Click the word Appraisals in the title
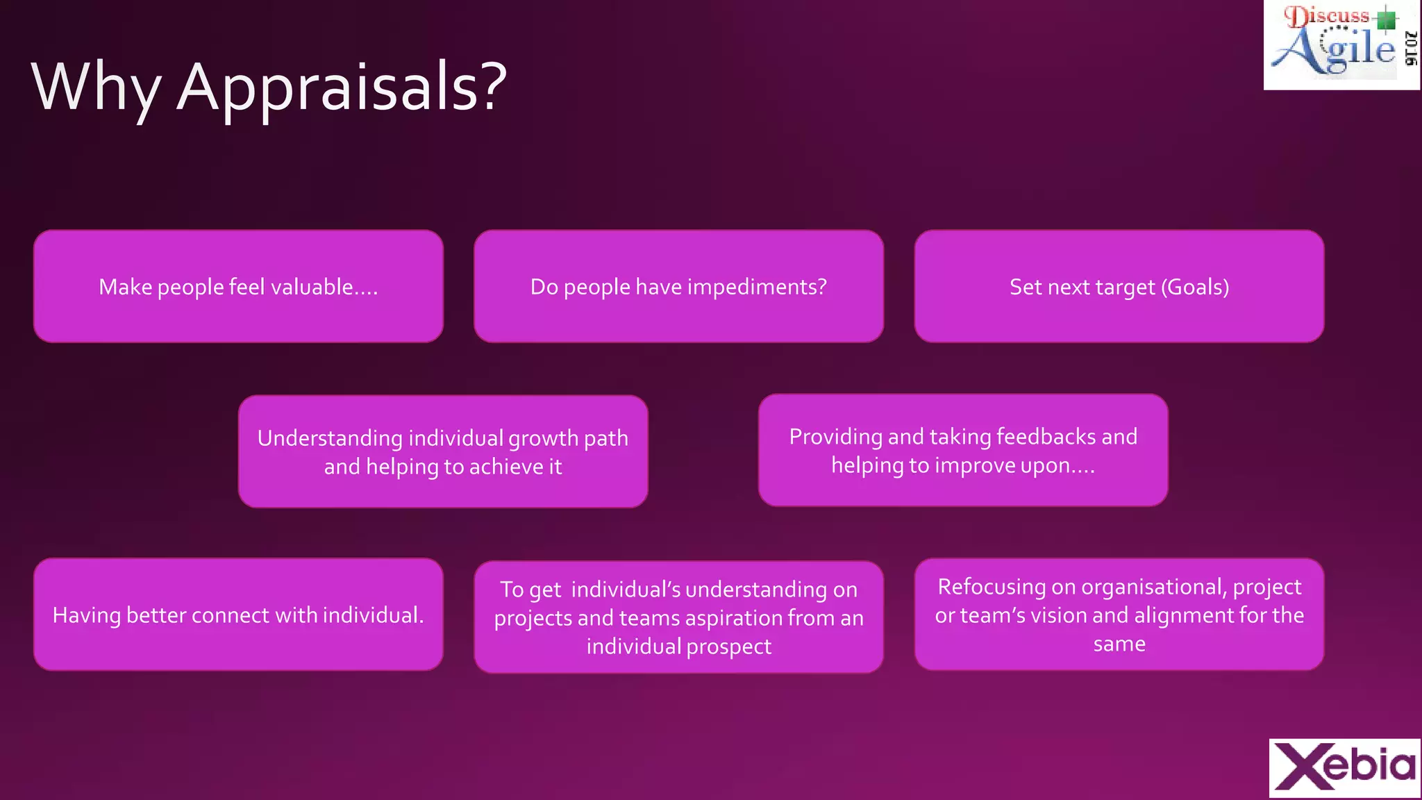(326, 87)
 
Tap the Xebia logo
(1344, 767)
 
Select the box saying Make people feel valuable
(238, 286)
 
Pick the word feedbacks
(1046, 437)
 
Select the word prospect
(728, 647)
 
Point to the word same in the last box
(1119, 644)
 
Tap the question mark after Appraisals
(494, 87)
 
